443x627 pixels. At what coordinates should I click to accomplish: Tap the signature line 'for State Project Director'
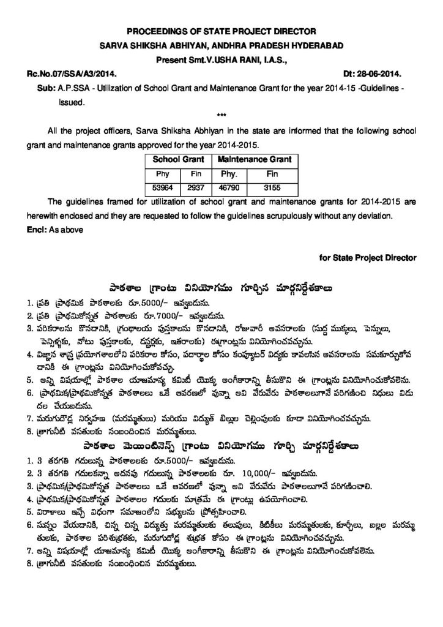[367, 258]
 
